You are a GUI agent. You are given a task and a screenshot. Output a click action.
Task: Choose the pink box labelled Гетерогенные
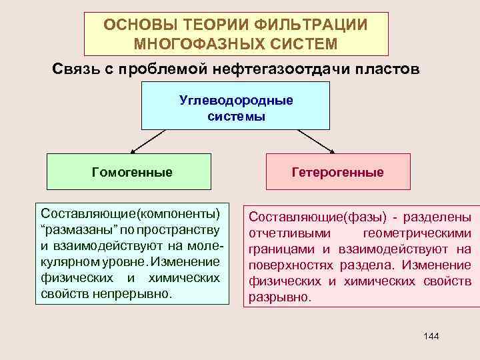(337, 172)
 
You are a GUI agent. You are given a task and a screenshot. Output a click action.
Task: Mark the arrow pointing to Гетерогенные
(317, 141)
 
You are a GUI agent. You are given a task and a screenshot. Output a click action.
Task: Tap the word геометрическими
(417, 233)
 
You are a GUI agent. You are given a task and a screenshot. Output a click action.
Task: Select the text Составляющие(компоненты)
(130, 214)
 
